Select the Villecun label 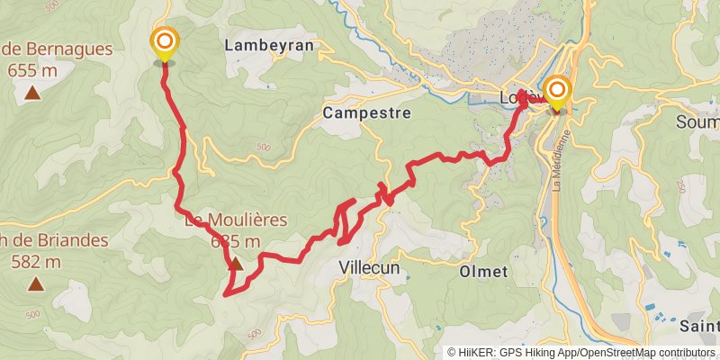pos(369,267)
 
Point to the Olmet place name pos(483,271)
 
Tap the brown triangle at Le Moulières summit pos(235,264)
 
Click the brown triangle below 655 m pos(32,92)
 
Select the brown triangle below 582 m pos(35,284)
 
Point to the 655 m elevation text pos(33,69)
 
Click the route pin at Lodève pos(557,90)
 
